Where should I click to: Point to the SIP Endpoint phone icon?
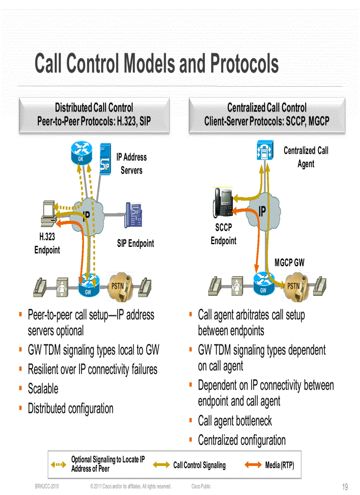click(x=133, y=215)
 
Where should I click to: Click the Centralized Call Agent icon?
click(x=265, y=151)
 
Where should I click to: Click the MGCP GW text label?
click(x=289, y=263)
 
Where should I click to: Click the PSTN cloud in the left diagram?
click(x=118, y=287)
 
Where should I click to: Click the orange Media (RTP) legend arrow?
click(x=252, y=465)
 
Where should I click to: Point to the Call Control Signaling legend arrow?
click(x=161, y=465)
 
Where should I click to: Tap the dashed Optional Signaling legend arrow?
click(x=59, y=465)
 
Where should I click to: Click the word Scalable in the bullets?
click(x=43, y=389)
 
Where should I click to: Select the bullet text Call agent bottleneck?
click(x=235, y=421)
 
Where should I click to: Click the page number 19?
click(x=345, y=487)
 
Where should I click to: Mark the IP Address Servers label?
click(x=131, y=164)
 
